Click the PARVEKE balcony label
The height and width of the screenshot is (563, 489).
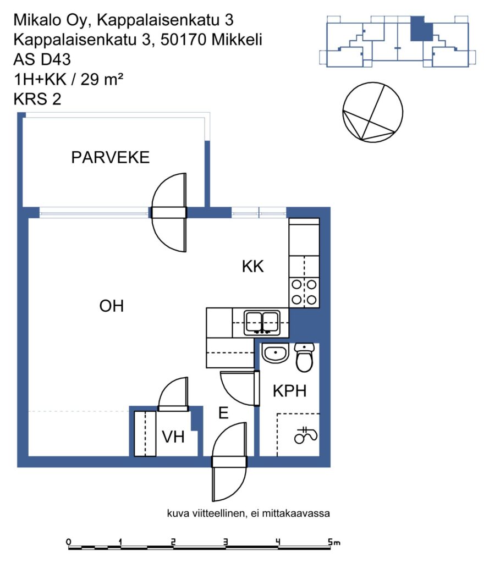pyautogui.click(x=111, y=158)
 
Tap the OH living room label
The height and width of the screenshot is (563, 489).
pyautogui.click(x=111, y=306)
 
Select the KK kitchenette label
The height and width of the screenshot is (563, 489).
pyautogui.click(x=253, y=267)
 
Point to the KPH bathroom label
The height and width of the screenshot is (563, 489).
pyautogui.click(x=289, y=391)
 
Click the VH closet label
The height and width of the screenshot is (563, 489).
pyautogui.click(x=173, y=437)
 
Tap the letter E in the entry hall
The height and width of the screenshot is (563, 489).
pyautogui.click(x=223, y=413)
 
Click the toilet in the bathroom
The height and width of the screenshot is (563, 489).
pyautogui.click(x=304, y=357)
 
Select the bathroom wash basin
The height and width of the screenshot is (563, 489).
pyautogui.click(x=275, y=354)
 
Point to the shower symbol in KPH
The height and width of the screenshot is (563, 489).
pyautogui.click(x=306, y=435)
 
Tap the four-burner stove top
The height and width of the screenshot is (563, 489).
pyautogui.click(x=304, y=292)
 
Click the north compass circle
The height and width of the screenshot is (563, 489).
pyautogui.click(x=372, y=112)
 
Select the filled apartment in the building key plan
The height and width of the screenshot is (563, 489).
pyautogui.click(x=421, y=29)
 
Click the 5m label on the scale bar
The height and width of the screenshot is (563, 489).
pyautogui.click(x=334, y=542)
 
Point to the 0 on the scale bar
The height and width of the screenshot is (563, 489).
pyautogui.click(x=69, y=542)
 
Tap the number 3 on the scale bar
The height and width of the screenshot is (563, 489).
pyautogui.click(x=226, y=542)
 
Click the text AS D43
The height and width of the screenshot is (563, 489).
pyautogui.click(x=42, y=59)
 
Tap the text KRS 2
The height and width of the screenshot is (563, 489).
pyautogui.click(x=37, y=99)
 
